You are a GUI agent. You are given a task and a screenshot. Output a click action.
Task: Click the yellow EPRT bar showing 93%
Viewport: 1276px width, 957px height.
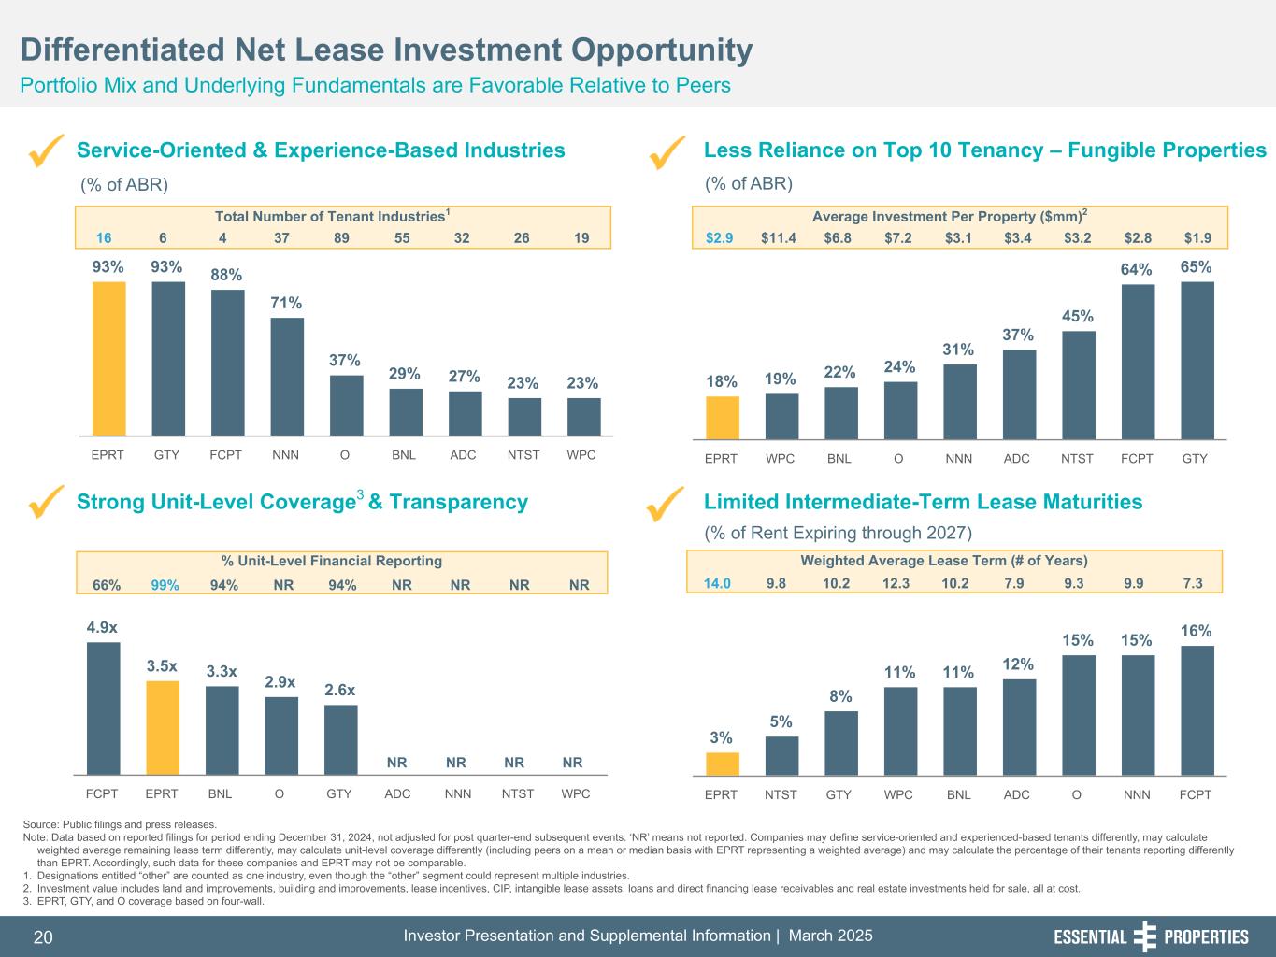[x=108, y=358]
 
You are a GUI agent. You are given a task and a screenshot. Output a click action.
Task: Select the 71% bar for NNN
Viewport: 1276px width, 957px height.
[x=287, y=376]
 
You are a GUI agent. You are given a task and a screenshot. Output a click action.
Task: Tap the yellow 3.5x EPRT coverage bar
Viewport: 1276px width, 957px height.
[x=163, y=727]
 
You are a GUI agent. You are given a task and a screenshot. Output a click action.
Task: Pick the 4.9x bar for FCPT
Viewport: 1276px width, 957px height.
[x=103, y=707]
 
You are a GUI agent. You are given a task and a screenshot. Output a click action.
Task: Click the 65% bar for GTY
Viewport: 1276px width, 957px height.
[x=1197, y=360]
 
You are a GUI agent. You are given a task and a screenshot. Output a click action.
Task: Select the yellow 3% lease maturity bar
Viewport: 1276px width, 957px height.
[x=722, y=764]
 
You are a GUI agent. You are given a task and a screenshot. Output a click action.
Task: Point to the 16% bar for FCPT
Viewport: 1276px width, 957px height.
[x=1197, y=710]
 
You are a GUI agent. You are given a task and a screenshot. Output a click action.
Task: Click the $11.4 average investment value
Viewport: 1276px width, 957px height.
[x=779, y=237]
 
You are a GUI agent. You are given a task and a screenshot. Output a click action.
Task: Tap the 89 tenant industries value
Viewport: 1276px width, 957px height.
[x=342, y=237]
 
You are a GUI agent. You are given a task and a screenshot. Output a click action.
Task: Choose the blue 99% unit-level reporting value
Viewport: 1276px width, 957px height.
[x=165, y=585]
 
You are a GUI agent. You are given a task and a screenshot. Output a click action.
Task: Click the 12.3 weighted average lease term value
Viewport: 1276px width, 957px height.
[x=897, y=583]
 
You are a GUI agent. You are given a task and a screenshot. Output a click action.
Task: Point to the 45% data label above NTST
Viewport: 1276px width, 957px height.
[x=1078, y=316]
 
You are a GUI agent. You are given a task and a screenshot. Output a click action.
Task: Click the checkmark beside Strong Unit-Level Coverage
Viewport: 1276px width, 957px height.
[x=46, y=502]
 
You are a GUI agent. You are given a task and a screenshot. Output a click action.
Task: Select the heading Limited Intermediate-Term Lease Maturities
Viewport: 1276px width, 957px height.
[x=923, y=502]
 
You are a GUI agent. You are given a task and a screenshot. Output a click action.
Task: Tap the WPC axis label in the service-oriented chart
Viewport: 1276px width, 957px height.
[x=581, y=455]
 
